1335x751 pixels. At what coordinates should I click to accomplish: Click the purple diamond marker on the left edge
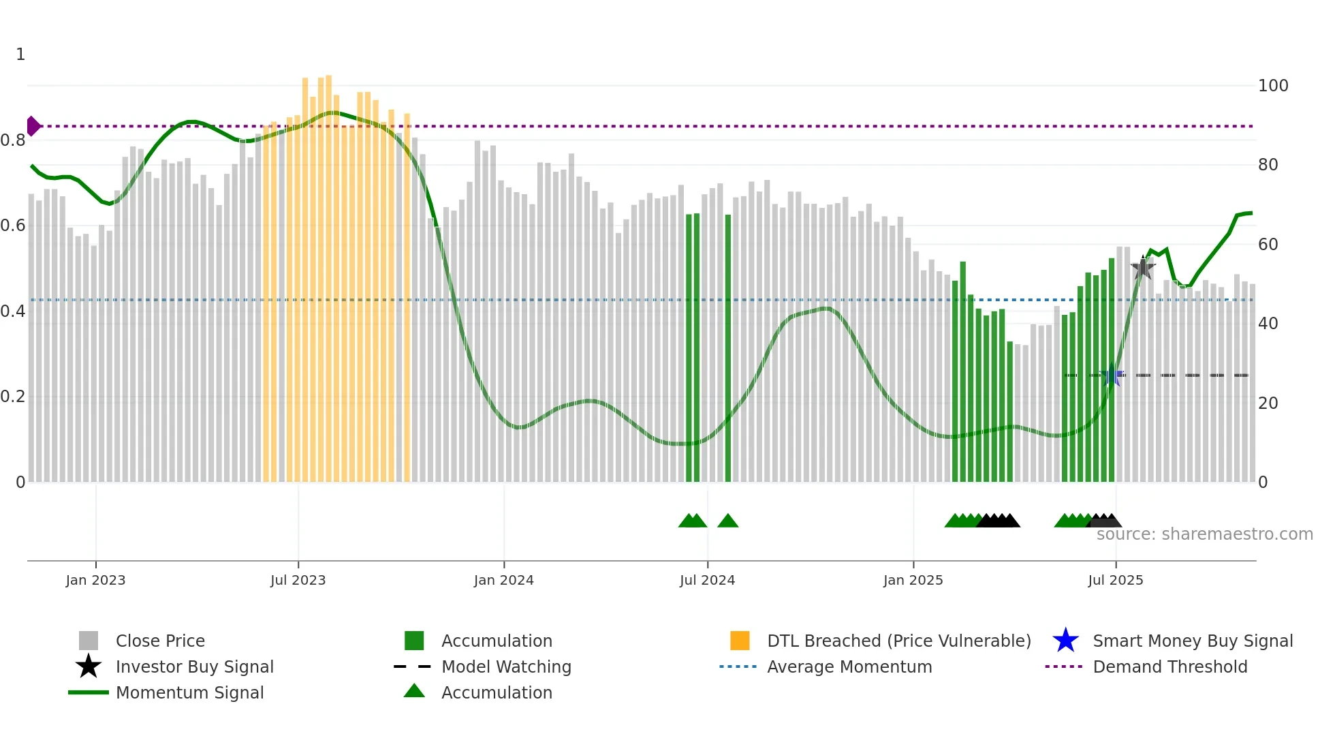click(x=33, y=126)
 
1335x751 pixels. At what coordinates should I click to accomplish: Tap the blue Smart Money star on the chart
click(x=1112, y=375)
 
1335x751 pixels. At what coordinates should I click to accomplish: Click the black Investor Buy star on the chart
click(x=1143, y=268)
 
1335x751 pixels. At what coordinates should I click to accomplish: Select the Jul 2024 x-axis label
click(x=707, y=580)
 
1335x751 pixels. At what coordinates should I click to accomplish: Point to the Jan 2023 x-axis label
click(x=95, y=580)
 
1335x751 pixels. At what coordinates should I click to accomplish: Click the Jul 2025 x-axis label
click(x=1115, y=580)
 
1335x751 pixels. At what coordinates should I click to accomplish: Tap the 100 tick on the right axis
click(x=1272, y=86)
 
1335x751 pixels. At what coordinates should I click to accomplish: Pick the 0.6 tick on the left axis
click(x=13, y=226)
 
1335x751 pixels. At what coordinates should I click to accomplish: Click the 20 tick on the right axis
click(x=1268, y=403)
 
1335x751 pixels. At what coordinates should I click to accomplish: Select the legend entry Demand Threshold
click(x=1169, y=666)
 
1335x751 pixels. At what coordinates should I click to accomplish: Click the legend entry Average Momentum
click(x=849, y=666)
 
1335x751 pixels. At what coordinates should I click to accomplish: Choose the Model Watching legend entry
click(x=505, y=666)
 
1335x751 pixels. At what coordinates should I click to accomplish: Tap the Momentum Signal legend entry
click(x=189, y=692)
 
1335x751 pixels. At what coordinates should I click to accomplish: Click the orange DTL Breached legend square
click(x=740, y=641)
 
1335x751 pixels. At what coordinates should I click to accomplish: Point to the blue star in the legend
click(x=1065, y=641)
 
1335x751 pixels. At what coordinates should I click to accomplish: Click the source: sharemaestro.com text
click(x=1204, y=534)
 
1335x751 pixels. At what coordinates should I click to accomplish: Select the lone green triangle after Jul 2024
click(x=727, y=521)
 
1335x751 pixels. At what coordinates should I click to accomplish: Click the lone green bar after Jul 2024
click(x=727, y=348)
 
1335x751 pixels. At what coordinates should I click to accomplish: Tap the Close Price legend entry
click(x=159, y=641)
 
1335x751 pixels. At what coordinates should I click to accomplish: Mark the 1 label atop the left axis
click(x=20, y=55)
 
